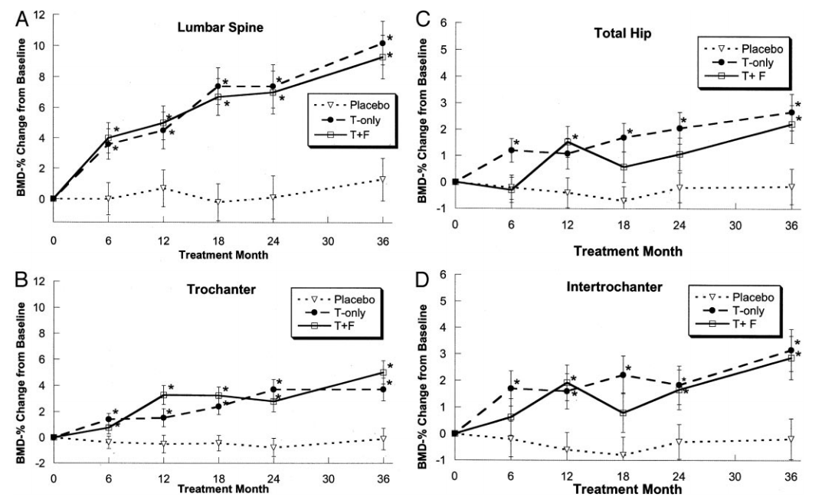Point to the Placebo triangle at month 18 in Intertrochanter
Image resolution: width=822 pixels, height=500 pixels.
click(x=624, y=455)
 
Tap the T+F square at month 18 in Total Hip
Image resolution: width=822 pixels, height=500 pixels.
click(x=624, y=167)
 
